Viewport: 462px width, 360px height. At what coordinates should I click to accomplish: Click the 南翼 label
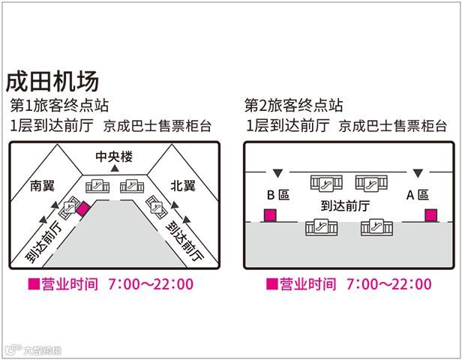(43, 185)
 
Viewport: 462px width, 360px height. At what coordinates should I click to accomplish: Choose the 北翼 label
(182, 185)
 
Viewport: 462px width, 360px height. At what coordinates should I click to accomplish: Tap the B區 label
(278, 195)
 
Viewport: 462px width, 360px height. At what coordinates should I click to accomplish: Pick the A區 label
(417, 195)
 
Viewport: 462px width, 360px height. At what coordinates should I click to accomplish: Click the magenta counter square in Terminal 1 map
(83, 208)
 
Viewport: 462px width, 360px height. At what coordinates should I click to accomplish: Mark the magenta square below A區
(430, 216)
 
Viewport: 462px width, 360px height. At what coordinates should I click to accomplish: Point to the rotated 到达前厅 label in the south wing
(44, 241)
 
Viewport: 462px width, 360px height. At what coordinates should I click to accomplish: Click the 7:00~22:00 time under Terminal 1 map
(151, 284)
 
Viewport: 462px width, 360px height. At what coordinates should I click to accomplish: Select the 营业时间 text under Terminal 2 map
(306, 284)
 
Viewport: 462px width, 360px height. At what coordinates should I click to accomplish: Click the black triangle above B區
(277, 172)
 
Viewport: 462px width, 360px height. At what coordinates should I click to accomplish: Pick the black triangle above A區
(417, 172)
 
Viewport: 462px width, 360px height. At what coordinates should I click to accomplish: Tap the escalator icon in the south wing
(72, 203)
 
